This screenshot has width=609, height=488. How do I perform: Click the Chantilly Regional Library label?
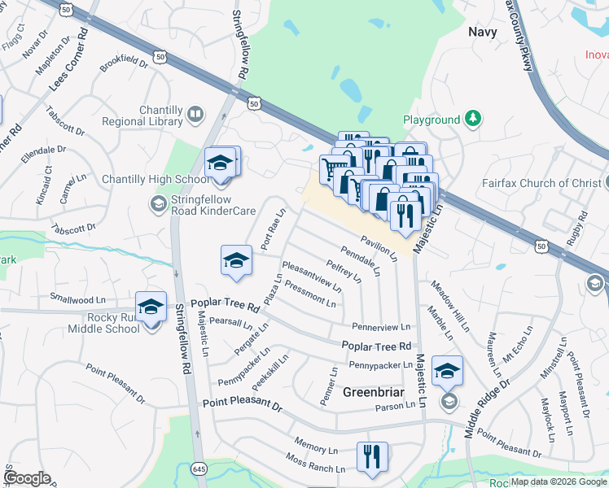pyautogui.click(x=142, y=115)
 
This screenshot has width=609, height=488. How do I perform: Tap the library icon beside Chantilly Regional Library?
pyautogui.click(x=195, y=115)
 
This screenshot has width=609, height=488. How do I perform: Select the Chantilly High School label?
pyautogui.click(x=155, y=180)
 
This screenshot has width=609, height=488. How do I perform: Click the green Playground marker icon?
pyautogui.click(x=472, y=120)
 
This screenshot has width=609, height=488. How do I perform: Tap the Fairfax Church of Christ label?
pyautogui.click(x=551, y=183)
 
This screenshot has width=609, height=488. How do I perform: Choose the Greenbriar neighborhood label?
pyautogui.click(x=373, y=392)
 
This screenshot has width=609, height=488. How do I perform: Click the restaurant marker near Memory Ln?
pyautogui.click(x=371, y=456)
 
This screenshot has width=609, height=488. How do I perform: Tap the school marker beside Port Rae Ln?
pyautogui.click(x=236, y=260)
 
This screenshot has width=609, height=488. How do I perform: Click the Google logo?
pyautogui.click(x=27, y=478)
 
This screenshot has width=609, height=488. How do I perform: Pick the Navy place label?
pyautogui.click(x=483, y=32)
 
